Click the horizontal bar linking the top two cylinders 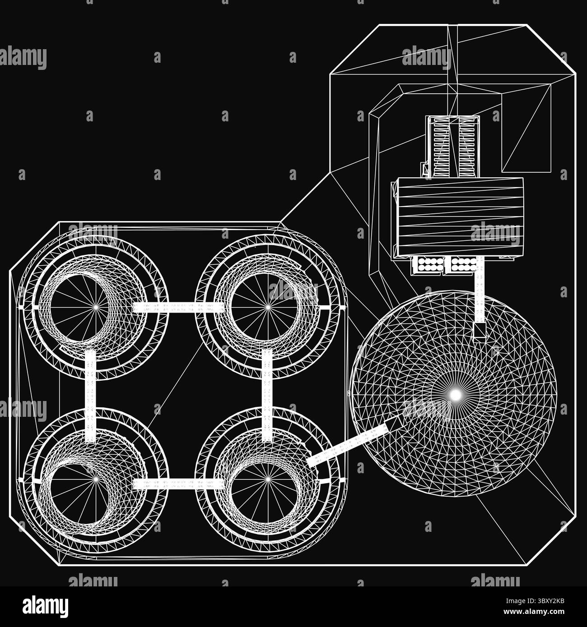pos(179,307)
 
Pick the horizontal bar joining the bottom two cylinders pos(179,484)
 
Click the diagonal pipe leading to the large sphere pos(348,445)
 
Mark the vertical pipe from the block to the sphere pos(480,293)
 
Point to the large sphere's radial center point pos(456,394)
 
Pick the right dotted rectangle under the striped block pos(460,265)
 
